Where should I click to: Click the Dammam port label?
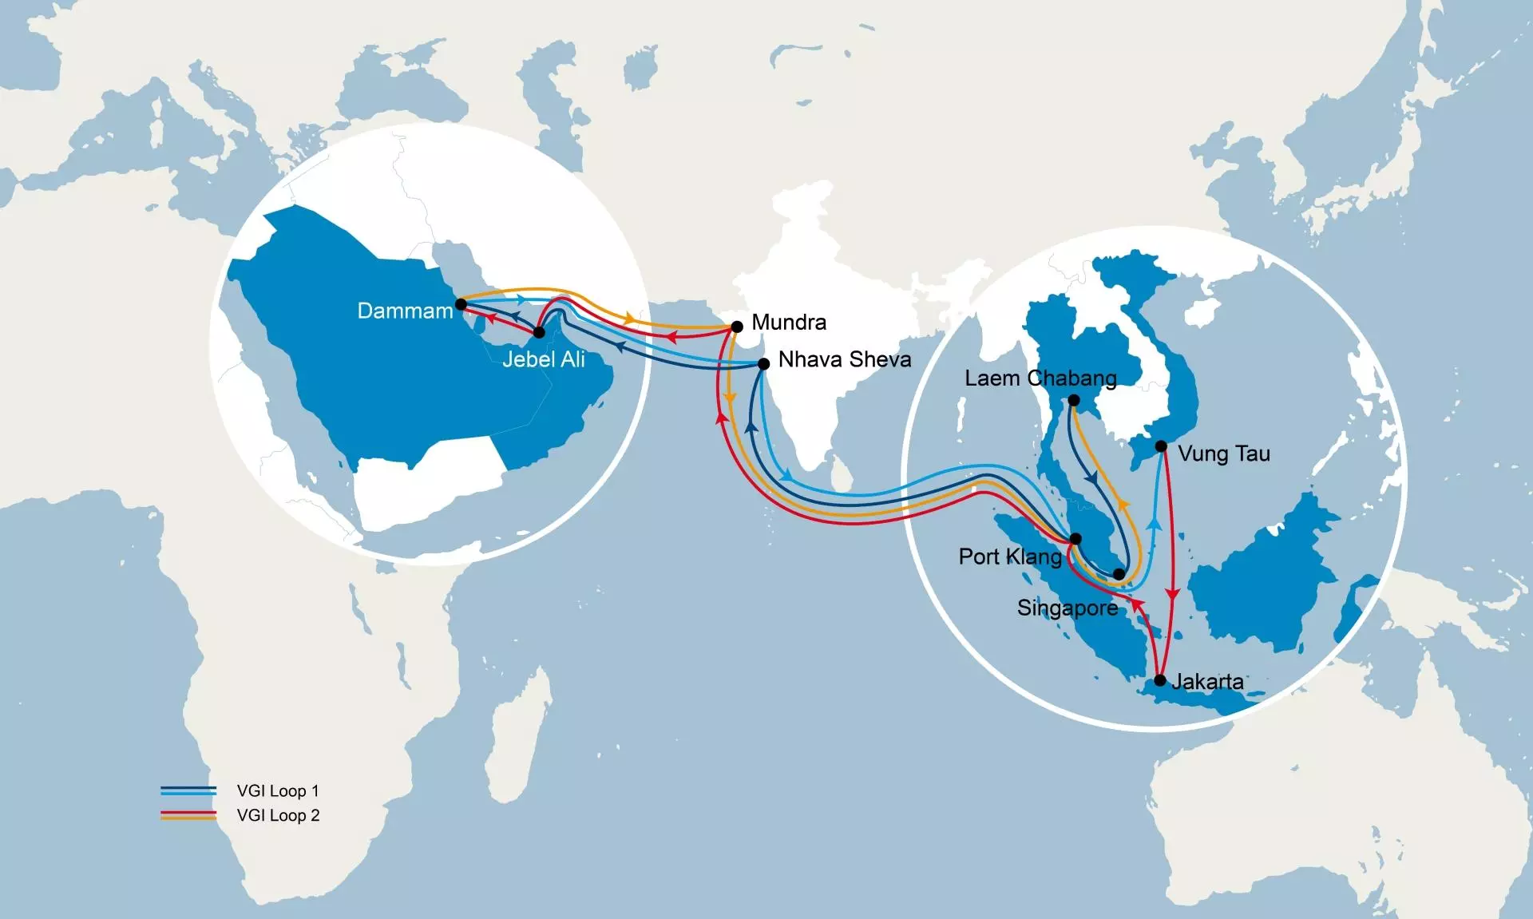point(405,311)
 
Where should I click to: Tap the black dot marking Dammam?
point(461,304)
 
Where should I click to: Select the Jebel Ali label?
point(543,359)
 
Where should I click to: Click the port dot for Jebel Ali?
point(539,332)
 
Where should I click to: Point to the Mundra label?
point(789,323)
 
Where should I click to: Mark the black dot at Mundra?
point(737,327)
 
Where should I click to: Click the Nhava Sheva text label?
point(845,359)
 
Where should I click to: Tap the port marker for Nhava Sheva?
point(763,364)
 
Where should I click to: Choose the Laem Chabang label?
point(1040,378)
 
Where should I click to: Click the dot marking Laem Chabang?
point(1074,401)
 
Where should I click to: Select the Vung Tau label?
point(1224,454)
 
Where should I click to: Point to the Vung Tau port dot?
point(1162,446)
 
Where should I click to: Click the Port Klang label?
point(1010,557)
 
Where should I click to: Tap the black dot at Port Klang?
point(1075,539)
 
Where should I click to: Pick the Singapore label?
point(1068,608)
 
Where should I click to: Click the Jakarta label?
point(1207,682)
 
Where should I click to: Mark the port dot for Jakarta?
point(1160,681)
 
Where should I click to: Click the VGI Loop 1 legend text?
point(278,791)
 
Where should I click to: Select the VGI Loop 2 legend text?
point(278,815)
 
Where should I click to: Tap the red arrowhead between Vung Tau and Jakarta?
point(1172,594)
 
